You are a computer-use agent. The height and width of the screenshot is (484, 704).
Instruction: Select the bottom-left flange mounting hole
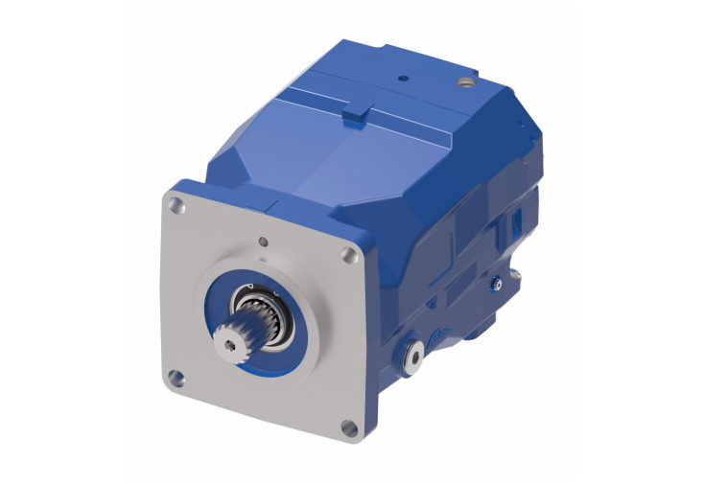click(x=175, y=375)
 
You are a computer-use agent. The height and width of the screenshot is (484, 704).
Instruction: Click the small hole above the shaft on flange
click(x=262, y=241)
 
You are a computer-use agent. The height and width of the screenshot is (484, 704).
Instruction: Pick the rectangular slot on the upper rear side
click(x=516, y=223)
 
